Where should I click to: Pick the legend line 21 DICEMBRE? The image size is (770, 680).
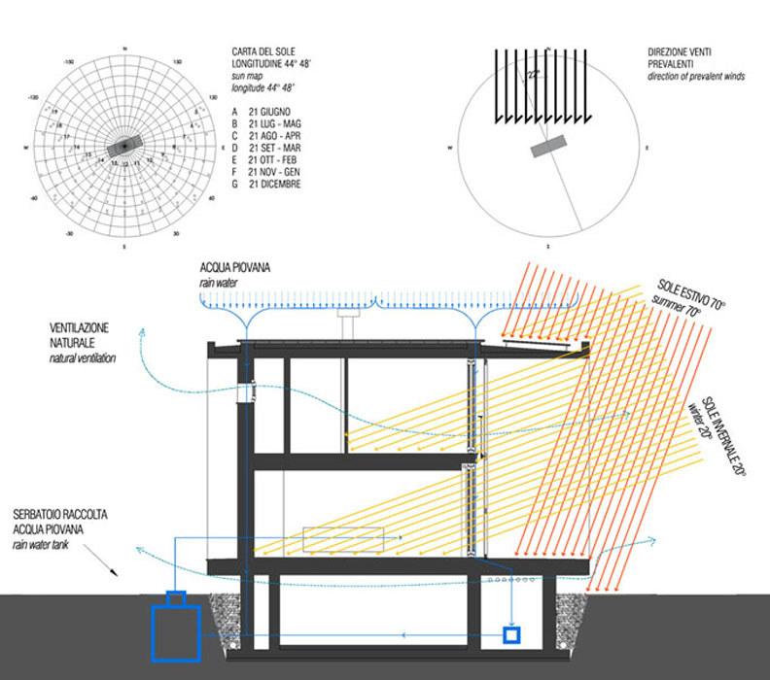[280, 185]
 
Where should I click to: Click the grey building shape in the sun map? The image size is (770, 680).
[123, 145]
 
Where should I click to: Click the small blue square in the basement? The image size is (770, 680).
[510, 635]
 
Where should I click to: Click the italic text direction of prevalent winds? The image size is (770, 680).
[694, 76]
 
